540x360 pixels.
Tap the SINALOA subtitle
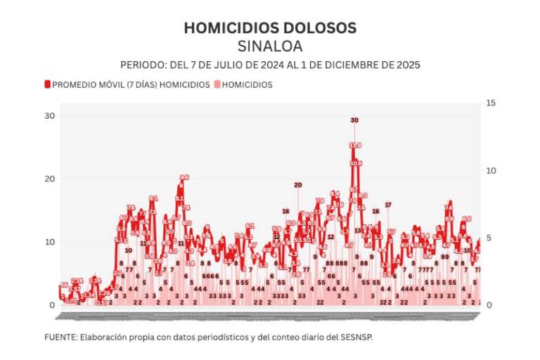(x=270, y=46)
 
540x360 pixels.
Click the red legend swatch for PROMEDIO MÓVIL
(x=48, y=84)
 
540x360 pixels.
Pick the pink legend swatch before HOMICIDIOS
(x=217, y=84)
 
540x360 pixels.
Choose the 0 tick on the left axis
(x=51, y=305)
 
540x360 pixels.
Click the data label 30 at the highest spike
(x=354, y=120)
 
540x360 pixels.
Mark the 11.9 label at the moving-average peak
(x=355, y=146)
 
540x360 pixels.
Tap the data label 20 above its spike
(x=297, y=185)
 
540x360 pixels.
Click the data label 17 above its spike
(x=387, y=205)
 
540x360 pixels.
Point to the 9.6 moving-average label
(x=184, y=177)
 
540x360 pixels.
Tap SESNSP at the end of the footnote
(x=357, y=337)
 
